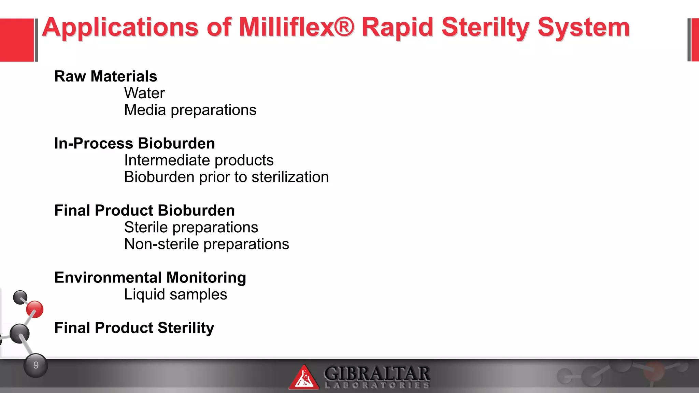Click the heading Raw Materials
105,76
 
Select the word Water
144,93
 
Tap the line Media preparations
190,110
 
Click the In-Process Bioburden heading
134,143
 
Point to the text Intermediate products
199,160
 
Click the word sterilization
290,177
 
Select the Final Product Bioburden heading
144,210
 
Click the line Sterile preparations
191,227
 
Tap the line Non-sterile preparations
206,244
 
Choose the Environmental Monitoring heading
150,278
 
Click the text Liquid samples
175,294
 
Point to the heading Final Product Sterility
134,328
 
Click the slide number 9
36,365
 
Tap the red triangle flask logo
303,378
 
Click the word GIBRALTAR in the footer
377,373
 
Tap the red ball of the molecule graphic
35,309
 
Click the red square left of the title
17,40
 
